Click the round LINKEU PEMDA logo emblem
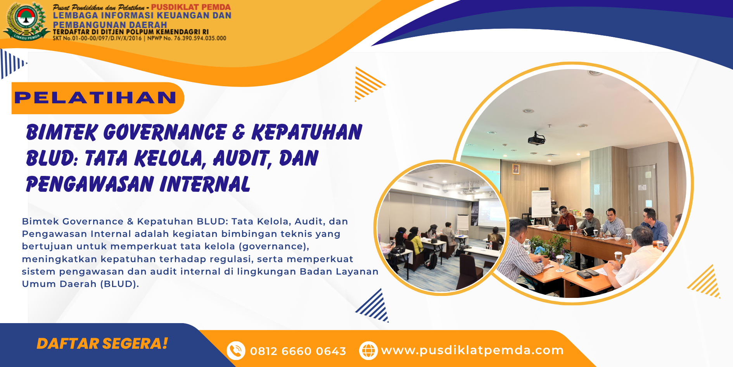[x=26, y=21]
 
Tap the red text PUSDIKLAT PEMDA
[x=191, y=7]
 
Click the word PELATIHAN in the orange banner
[x=95, y=97]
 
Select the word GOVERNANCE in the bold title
[x=165, y=132]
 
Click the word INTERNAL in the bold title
[x=205, y=184]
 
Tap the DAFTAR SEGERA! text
[x=102, y=344]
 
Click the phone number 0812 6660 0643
[x=298, y=351]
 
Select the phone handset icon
[x=236, y=351]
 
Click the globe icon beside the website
[x=368, y=351]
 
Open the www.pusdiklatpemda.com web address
[x=472, y=350]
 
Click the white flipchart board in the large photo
[x=541, y=204]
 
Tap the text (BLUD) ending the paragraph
[x=119, y=284]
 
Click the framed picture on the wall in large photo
[x=516, y=169]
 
